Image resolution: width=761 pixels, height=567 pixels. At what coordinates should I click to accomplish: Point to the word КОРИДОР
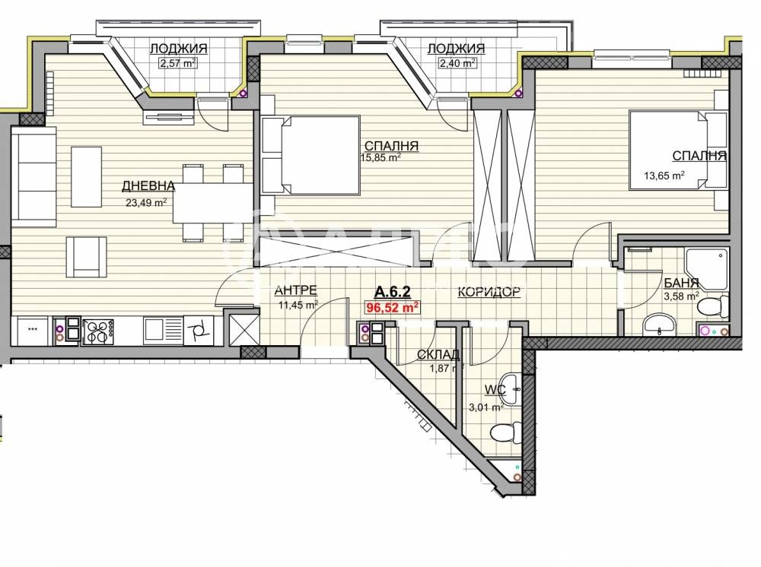[x=489, y=291]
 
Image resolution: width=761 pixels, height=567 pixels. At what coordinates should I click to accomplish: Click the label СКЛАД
[x=438, y=354]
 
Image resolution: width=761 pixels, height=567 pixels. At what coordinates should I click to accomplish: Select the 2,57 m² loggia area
[x=178, y=64]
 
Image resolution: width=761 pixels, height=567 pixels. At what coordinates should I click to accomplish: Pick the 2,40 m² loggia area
[x=457, y=64]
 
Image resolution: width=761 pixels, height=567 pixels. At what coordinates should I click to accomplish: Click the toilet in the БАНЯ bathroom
[x=709, y=307]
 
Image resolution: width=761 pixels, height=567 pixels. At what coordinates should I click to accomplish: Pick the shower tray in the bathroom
[x=707, y=268]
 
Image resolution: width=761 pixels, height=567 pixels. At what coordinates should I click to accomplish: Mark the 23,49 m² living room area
[x=146, y=202]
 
